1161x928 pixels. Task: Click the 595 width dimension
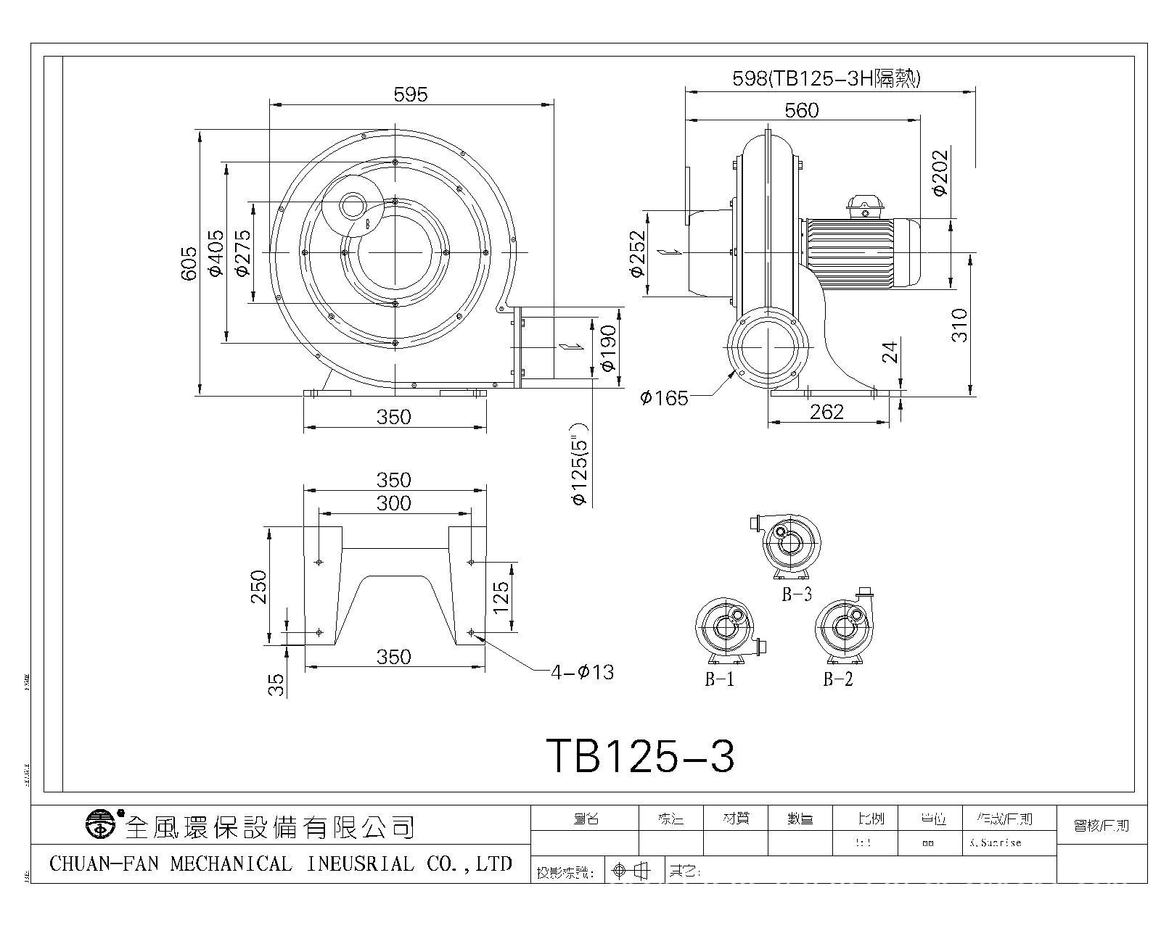tap(411, 94)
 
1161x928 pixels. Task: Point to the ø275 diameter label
tap(242, 252)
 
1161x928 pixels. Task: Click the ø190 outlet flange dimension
tap(609, 348)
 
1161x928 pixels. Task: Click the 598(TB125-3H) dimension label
tap(826, 78)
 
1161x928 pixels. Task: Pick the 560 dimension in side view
tap(801, 110)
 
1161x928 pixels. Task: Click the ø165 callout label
tap(663, 398)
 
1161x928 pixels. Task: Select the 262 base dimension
tap(827, 413)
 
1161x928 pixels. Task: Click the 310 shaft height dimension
tap(960, 325)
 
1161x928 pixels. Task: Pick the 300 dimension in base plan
tap(394, 503)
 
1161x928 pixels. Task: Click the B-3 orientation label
tap(796, 594)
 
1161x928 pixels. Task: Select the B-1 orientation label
tap(719, 679)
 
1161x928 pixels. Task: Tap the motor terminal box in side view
tap(863, 205)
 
